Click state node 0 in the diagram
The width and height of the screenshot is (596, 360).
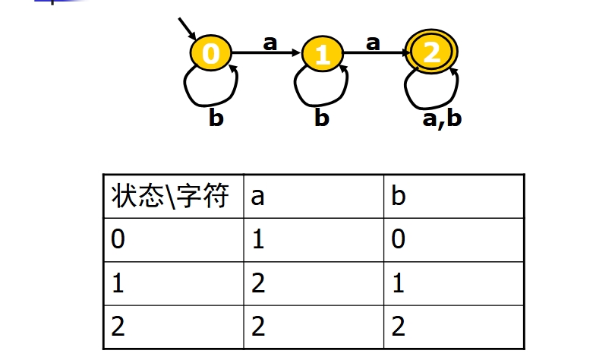pyautogui.click(x=211, y=53)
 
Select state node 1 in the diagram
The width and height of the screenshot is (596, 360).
pyautogui.click(x=323, y=55)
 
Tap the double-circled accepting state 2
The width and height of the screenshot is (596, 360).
pyautogui.click(x=432, y=52)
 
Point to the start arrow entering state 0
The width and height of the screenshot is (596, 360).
pyautogui.click(x=187, y=27)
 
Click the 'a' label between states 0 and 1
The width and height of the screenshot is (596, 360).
pyautogui.click(x=270, y=43)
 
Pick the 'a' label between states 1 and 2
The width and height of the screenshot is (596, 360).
pyautogui.click(x=372, y=43)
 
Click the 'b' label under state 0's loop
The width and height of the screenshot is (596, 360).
pyautogui.click(x=216, y=118)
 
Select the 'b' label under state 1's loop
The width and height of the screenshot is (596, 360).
pyautogui.click(x=322, y=118)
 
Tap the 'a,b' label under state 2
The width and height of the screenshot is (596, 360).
pyautogui.click(x=441, y=118)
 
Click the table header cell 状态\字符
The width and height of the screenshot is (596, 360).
pyautogui.click(x=171, y=196)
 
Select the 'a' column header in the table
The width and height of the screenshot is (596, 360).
pyautogui.click(x=258, y=197)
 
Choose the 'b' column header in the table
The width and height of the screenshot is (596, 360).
pyautogui.click(x=399, y=197)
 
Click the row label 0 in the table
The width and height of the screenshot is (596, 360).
pyautogui.click(x=118, y=239)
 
